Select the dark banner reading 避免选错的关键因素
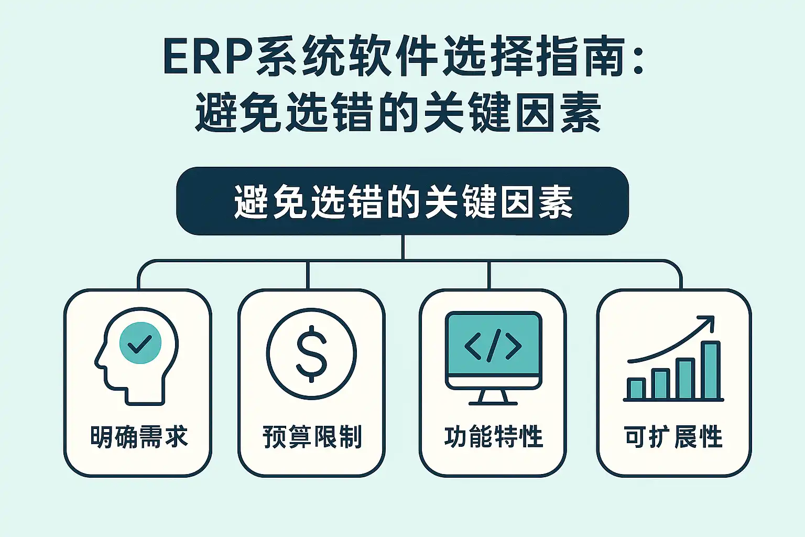(402, 201)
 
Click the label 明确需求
(139, 437)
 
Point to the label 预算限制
(312, 437)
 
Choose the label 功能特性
(493, 437)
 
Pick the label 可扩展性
(673, 437)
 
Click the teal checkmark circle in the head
(140, 343)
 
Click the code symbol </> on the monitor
(493, 346)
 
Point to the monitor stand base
(493, 402)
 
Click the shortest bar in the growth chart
(636, 388)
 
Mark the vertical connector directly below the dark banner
(402, 247)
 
